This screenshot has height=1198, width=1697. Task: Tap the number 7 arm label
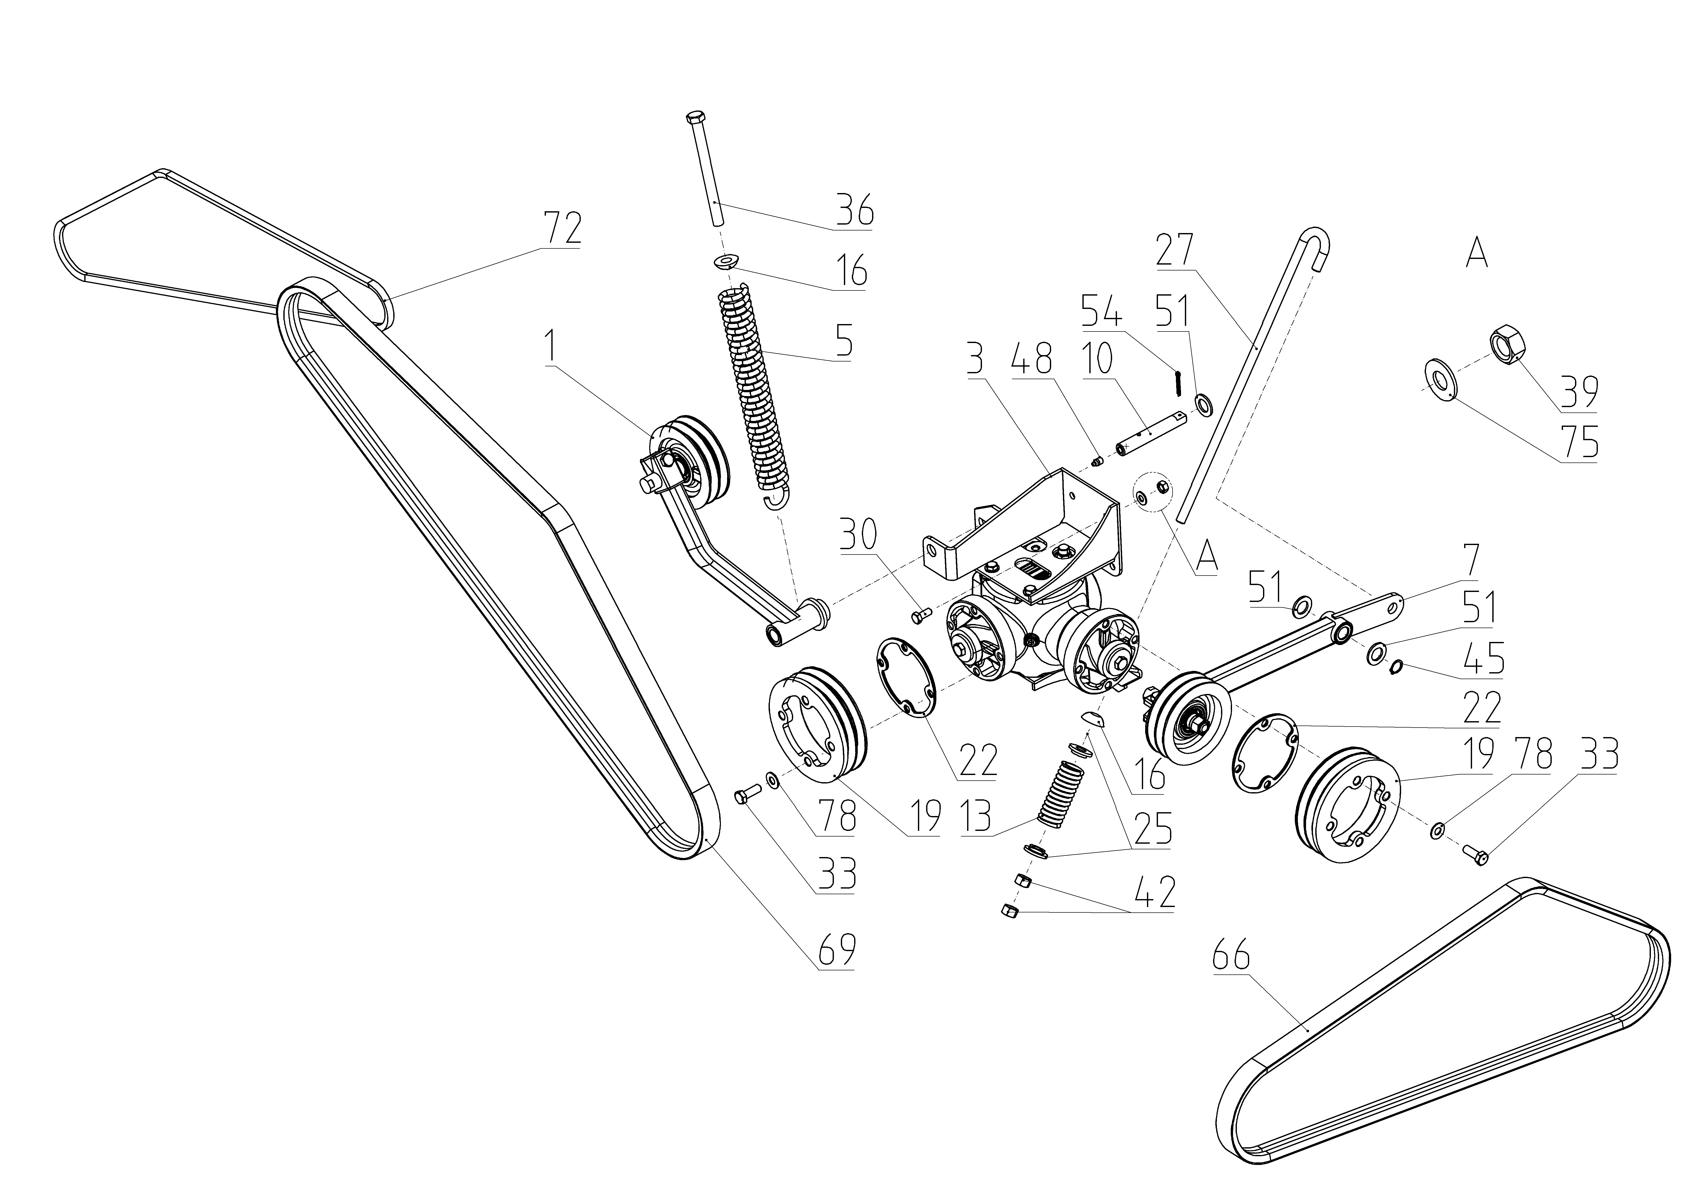pyautogui.click(x=1472, y=560)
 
